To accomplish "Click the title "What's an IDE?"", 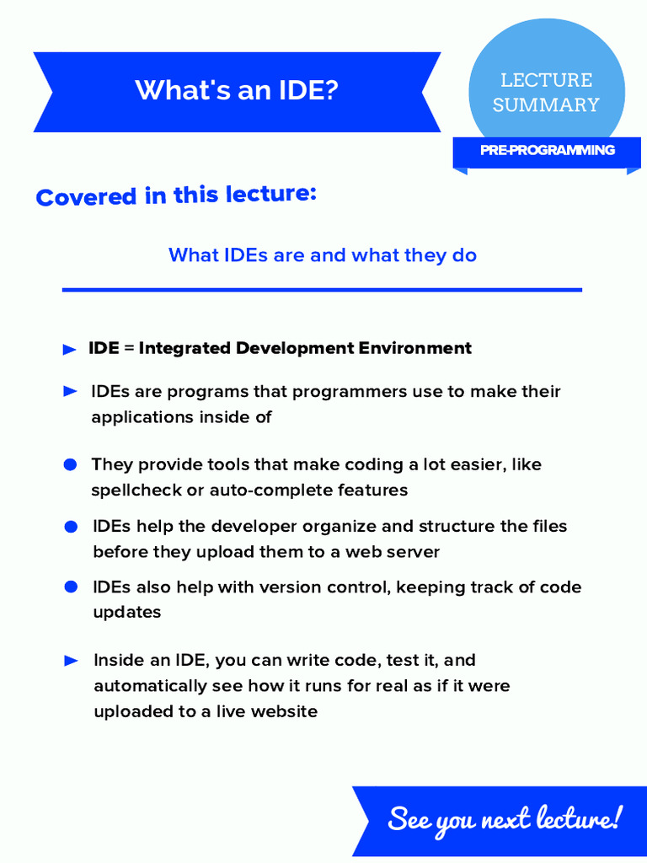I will point(237,90).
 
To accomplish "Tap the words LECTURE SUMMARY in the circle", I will point(546,93).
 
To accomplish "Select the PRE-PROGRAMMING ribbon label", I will point(548,150).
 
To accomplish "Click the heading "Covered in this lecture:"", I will point(176,196).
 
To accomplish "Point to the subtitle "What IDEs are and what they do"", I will point(323,255).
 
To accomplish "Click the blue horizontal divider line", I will point(322,290).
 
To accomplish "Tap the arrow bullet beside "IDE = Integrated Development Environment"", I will point(70,350).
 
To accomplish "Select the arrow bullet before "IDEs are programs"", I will point(71,392).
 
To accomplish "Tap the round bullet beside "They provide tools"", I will point(71,465).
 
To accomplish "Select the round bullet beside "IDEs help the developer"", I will point(72,527).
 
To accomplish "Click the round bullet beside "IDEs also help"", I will point(72,587).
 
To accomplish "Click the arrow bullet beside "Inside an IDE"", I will point(72,661).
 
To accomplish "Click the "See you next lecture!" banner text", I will point(504,818).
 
